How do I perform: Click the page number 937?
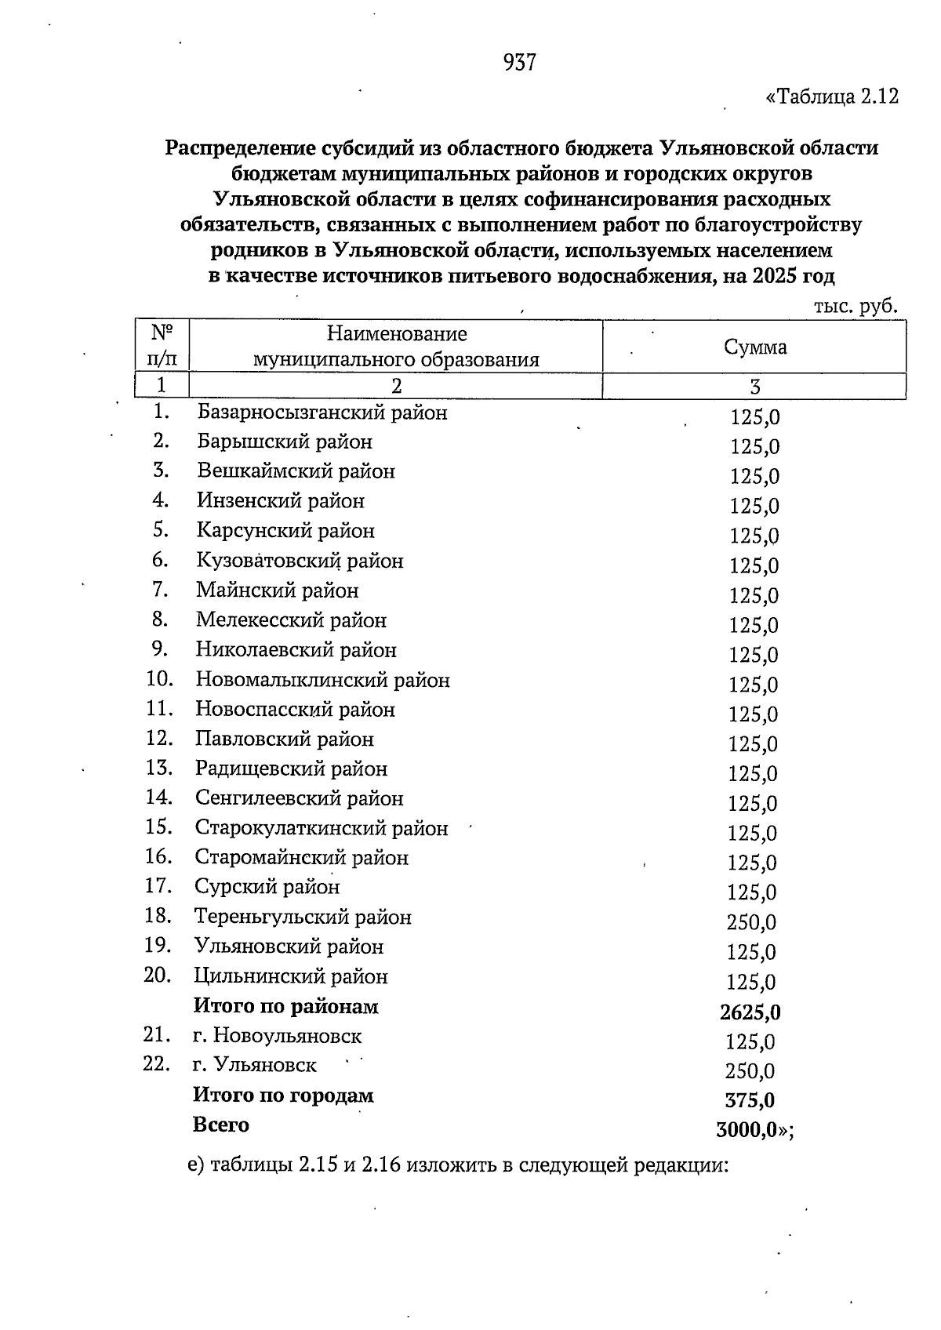coord(520,63)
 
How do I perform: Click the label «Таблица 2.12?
coord(831,97)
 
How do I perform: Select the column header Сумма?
coord(754,347)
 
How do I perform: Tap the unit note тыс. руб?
coord(855,307)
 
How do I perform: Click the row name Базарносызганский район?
coord(322,412)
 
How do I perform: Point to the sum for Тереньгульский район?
coord(751,922)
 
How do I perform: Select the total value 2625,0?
coord(750,1012)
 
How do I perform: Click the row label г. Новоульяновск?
coord(277,1036)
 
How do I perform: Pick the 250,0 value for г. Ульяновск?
coord(750,1071)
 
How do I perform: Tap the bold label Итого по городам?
coord(283,1096)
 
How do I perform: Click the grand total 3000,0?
coord(746,1130)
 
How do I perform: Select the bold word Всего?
coord(221,1125)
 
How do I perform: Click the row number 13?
coord(158,768)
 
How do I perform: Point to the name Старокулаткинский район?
coord(322,828)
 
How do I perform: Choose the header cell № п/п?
coord(162,346)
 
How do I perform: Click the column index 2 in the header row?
coord(396,386)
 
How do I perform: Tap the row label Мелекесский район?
coord(291,620)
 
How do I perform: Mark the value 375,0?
coord(750,1100)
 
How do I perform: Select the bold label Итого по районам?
coord(285,1006)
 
